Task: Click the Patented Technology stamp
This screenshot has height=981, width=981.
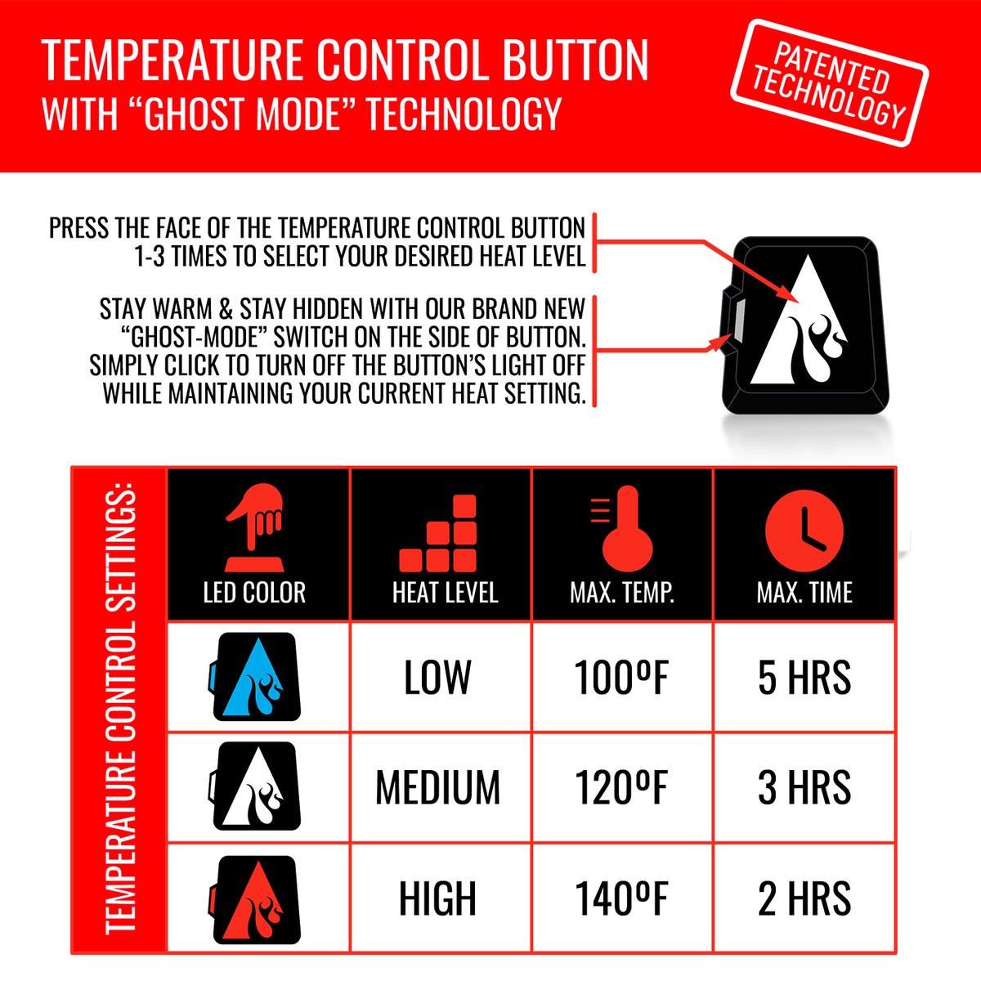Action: click(x=829, y=83)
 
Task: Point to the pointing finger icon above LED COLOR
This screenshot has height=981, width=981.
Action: click(x=254, y=528)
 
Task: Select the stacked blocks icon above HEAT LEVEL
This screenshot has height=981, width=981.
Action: click(x=438, y=533)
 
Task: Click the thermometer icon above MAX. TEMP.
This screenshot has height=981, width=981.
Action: click(x=620, y=529)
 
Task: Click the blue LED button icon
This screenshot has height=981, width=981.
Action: click(x=254, y=677)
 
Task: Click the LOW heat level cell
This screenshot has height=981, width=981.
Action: click(x=438, y=677)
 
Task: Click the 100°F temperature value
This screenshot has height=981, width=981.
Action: click(x=621, y=677)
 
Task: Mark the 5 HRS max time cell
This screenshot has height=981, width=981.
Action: click(x=804, y=677)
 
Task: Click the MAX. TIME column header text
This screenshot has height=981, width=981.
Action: click(x=804, y=593)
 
